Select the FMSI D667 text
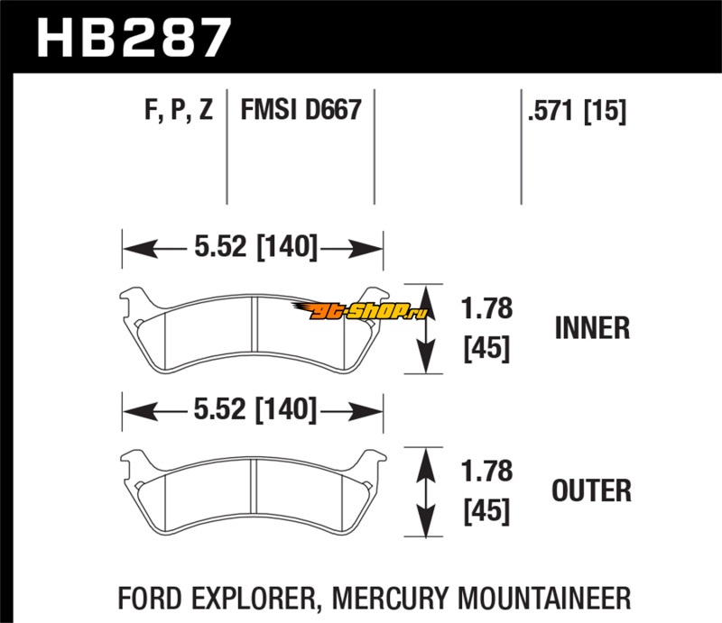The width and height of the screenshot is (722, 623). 301,112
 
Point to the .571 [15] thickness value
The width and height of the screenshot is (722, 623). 576,112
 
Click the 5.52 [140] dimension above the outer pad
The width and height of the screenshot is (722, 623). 253,411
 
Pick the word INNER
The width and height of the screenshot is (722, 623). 591,328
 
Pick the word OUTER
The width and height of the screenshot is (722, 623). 591,491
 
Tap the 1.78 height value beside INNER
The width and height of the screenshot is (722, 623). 486,309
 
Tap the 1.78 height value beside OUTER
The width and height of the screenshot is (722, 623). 486,472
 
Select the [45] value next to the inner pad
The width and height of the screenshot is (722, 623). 486,349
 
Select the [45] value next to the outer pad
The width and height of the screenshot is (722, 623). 486,511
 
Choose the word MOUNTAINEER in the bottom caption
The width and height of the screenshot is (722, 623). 551,598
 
